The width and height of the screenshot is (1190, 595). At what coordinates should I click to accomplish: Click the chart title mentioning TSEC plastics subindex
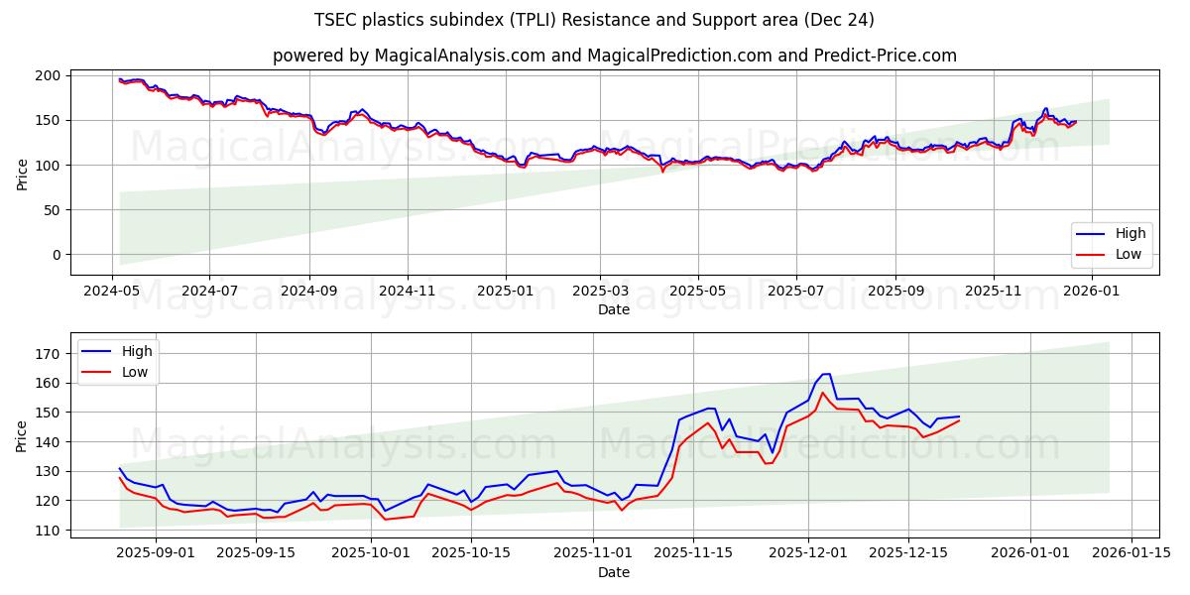(594, 20)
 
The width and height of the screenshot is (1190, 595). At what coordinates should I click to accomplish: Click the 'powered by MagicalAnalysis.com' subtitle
(614, 56)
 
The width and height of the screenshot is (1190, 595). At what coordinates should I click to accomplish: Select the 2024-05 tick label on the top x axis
(112, 292)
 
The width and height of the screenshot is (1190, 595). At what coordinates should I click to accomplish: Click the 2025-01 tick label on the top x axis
(505, 292)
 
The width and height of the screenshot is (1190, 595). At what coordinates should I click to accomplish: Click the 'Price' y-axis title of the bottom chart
(22, 435)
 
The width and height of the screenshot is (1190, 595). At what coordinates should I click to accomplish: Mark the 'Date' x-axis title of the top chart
(613, 309)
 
